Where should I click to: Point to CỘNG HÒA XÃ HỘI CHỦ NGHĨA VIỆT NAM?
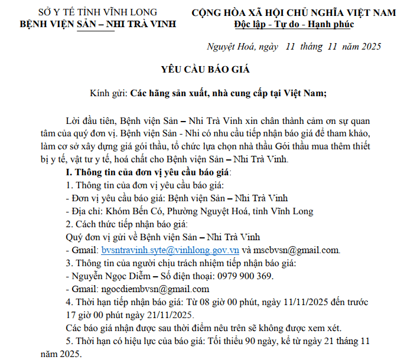294,12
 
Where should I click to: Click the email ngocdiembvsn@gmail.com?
155,289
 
